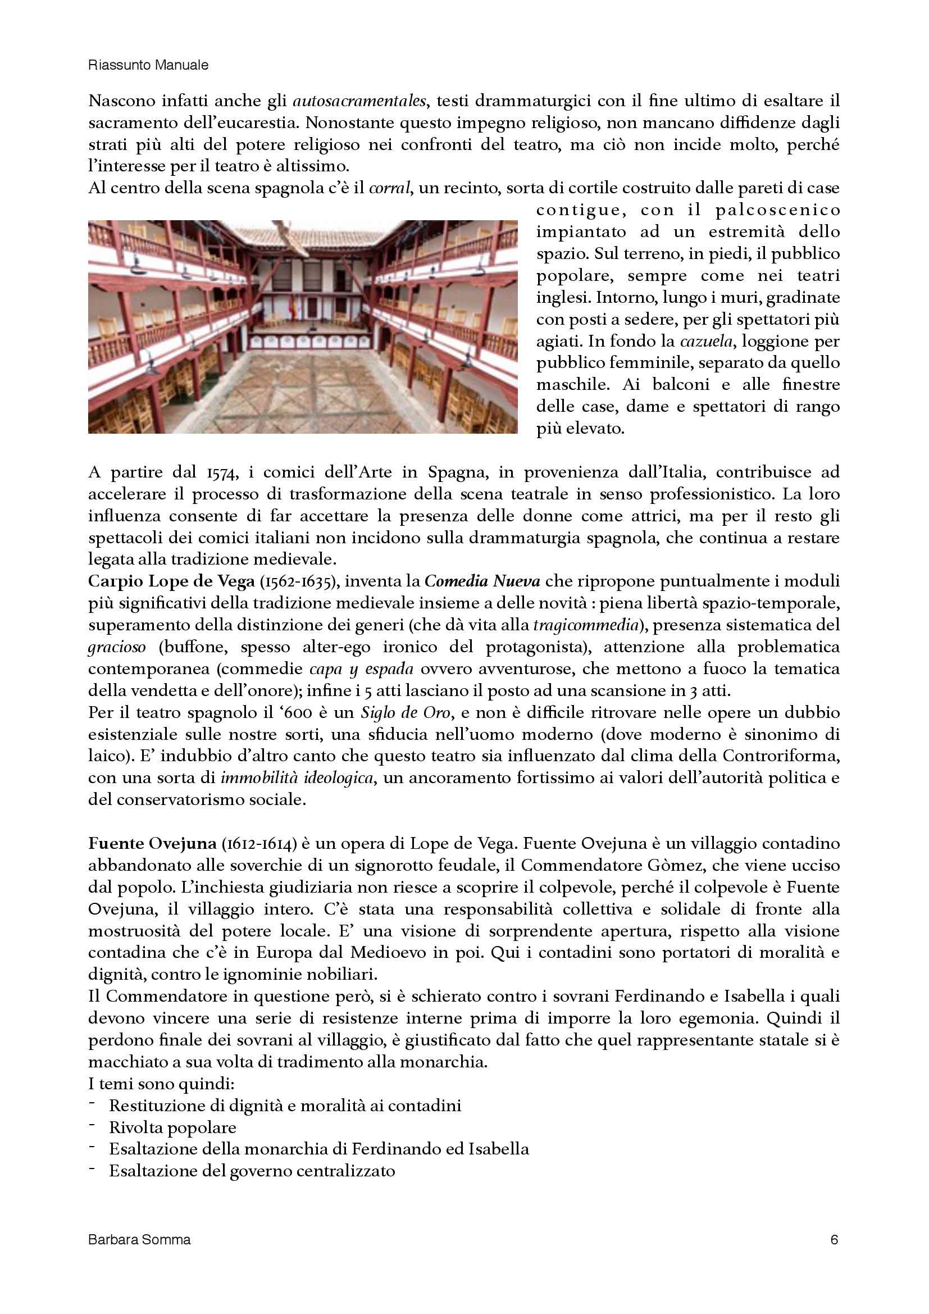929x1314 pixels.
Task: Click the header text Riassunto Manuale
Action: point(148,66)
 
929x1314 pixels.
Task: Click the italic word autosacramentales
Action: point(359,101)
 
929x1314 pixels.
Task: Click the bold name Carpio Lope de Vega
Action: point(171,581)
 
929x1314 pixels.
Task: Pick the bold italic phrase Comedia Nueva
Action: point(482,581)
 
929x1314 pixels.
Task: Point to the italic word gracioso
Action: point(117,647)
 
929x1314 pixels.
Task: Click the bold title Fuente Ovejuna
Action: point(152,844)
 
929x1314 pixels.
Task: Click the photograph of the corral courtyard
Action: point(303,327)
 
